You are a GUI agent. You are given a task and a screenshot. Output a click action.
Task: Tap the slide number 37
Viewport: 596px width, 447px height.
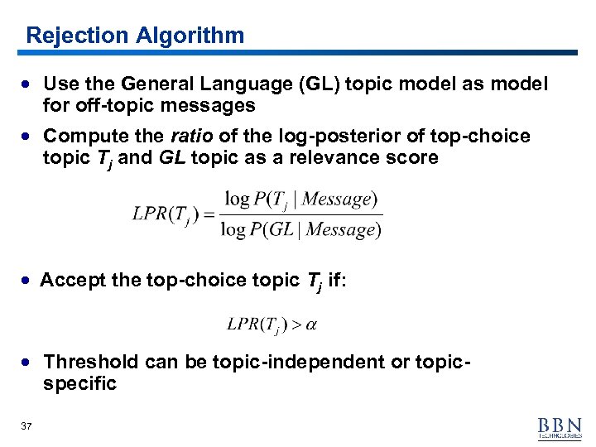[26, 425]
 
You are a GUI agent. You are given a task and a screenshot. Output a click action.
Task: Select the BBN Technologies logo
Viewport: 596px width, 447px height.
[560, 426]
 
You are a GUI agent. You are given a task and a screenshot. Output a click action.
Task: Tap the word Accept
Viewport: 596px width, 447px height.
[73, 281]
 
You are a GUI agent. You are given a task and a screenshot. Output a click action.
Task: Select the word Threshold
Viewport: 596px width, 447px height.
[91, 362]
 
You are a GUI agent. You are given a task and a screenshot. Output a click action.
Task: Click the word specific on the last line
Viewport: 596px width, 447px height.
[79, 383]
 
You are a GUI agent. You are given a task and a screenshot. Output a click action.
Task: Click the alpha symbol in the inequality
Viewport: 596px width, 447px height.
[311, 324]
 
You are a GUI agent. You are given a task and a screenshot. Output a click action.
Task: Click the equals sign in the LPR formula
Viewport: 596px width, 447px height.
[209, 214]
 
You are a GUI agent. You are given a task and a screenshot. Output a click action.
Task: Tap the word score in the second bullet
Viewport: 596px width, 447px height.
[413, 157]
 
